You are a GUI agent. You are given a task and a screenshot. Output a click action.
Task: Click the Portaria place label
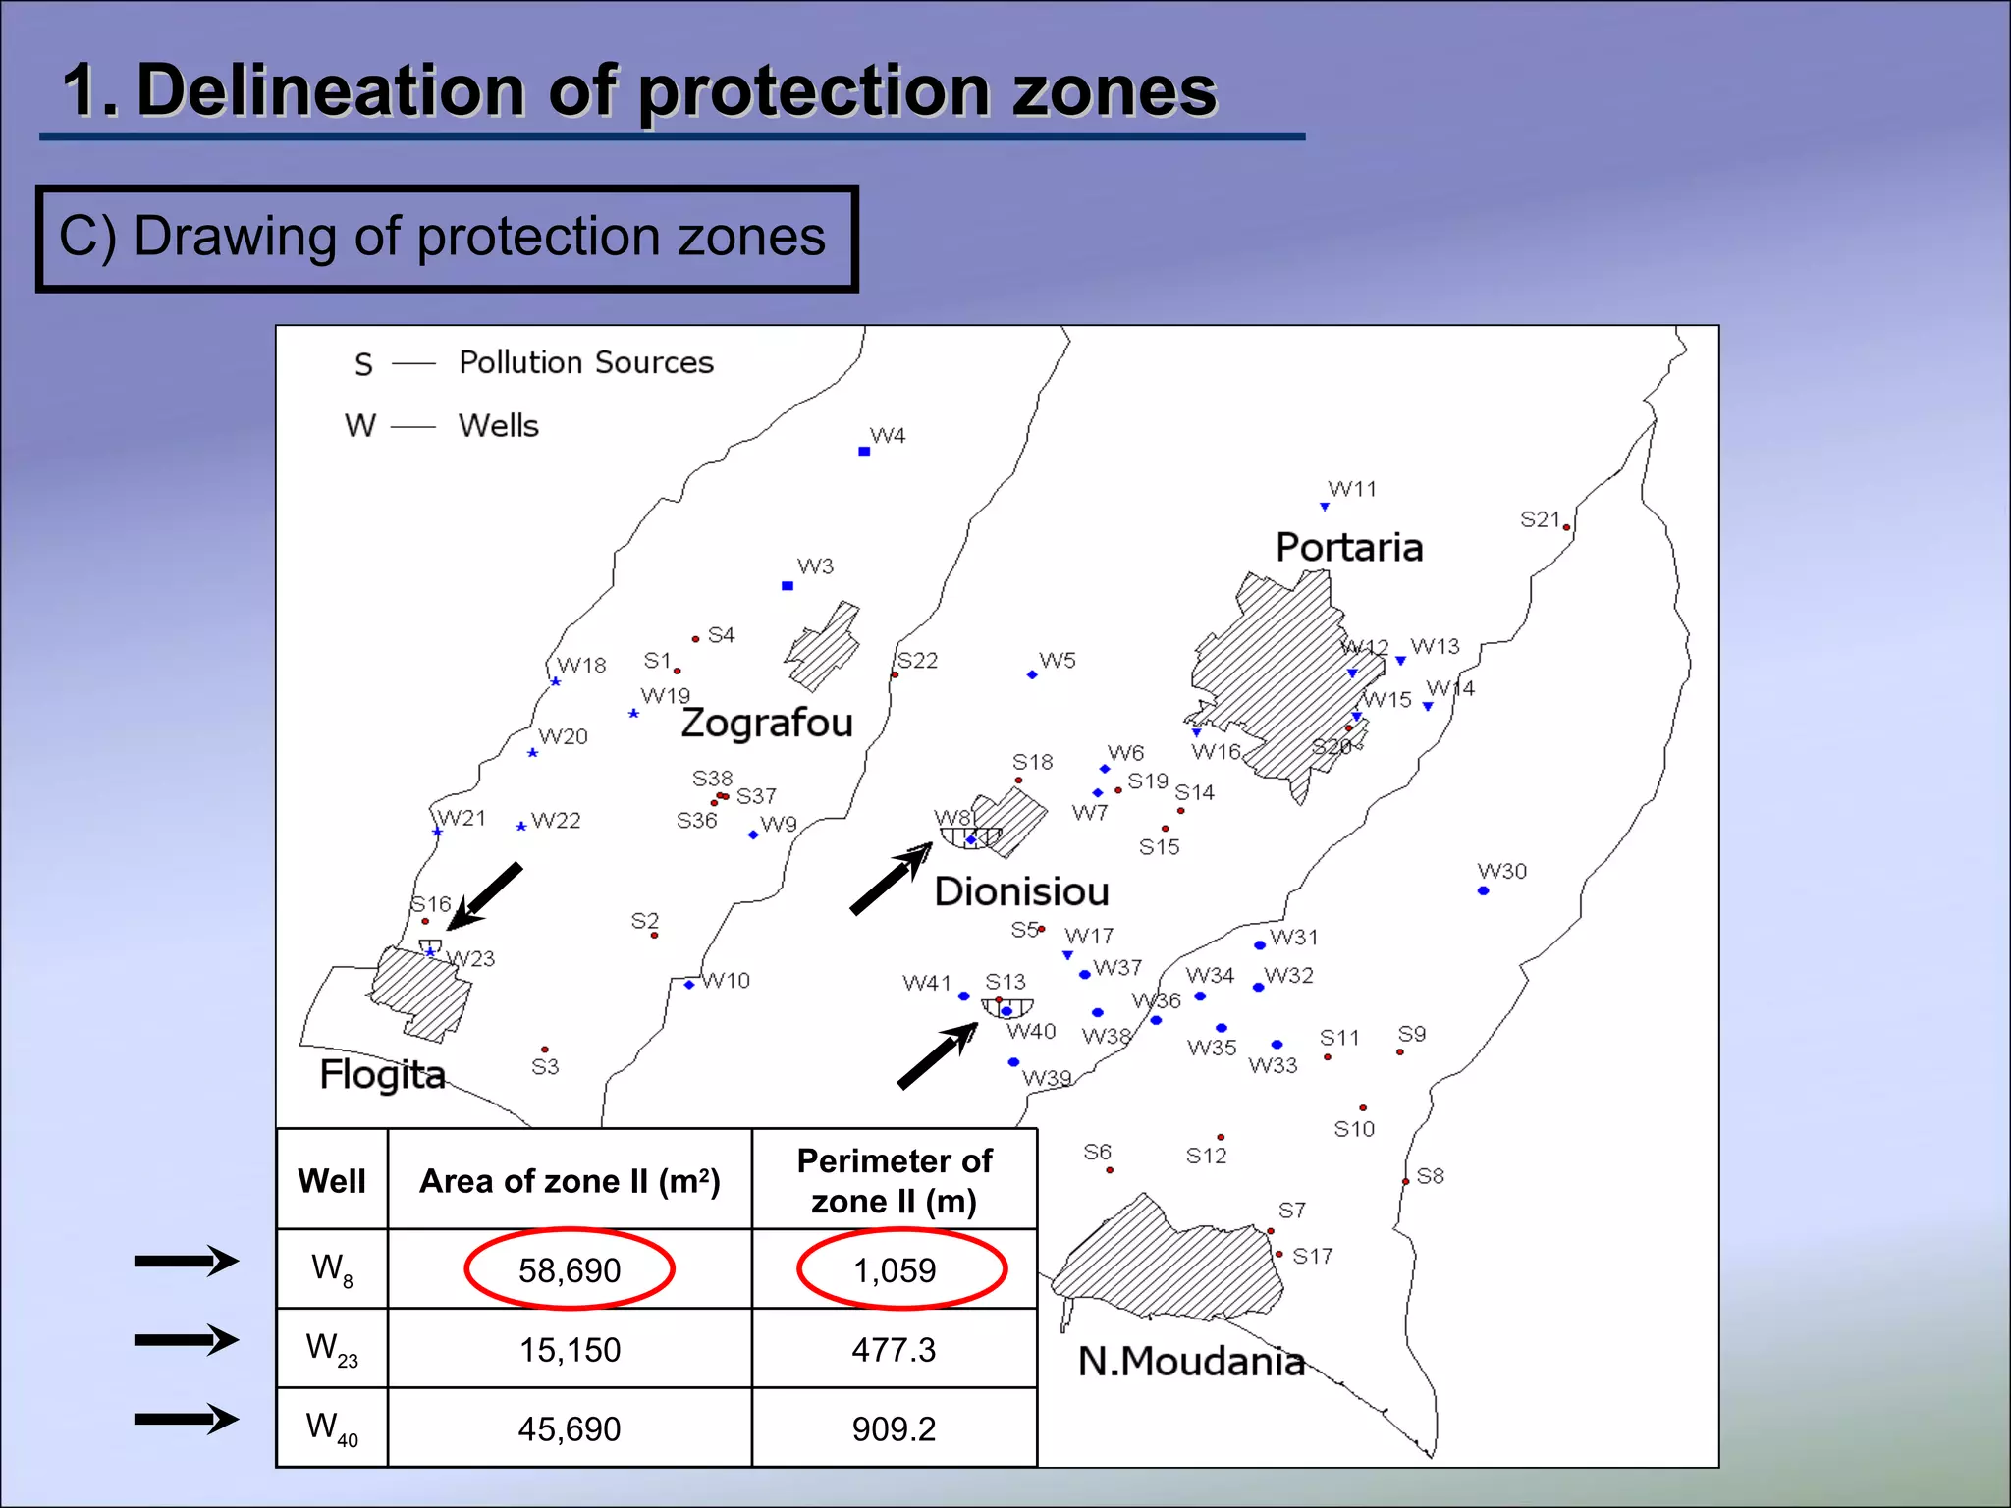click(x=1348, y=548)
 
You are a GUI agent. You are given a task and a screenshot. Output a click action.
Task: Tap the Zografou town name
click(x=767, y=724)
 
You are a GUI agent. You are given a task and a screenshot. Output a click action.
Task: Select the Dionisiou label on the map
click(x=1021, y=891)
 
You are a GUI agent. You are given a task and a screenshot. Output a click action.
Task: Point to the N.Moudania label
click(x=1191, y=1362)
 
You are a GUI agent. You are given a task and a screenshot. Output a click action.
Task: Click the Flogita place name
click(x=382, y=1075)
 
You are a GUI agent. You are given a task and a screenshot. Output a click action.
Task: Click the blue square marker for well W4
click(x=864, y=452)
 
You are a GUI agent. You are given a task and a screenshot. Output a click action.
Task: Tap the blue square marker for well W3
click(x=788, y=586)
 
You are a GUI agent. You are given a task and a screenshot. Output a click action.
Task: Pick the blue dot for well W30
click(x=1483, y=891)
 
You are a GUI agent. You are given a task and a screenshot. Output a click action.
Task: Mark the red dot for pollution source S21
click(x=1566, y=528)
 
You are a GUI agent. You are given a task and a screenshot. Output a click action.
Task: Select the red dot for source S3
click(x=545, y=1050)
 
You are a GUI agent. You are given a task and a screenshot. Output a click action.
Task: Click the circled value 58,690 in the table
click(x=570, y=1270)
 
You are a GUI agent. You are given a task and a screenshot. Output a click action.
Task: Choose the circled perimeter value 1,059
click(x=895, y=1270)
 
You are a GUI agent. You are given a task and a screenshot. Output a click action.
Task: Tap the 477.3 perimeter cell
click(x=894, y=1350)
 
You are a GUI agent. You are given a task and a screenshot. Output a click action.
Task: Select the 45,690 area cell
click(x=570, y=1429)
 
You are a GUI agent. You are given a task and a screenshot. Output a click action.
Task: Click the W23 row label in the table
click(x=332, y=1349)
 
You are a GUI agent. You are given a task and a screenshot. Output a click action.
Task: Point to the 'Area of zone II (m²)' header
click(x=570, y=1181)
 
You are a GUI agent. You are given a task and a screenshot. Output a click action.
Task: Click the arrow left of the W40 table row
click(x=187, y=1419)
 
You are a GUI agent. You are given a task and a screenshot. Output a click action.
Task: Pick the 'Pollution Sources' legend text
click(x=586, y=363)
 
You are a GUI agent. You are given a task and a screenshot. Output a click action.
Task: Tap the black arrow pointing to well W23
click(x=485, y=896)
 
